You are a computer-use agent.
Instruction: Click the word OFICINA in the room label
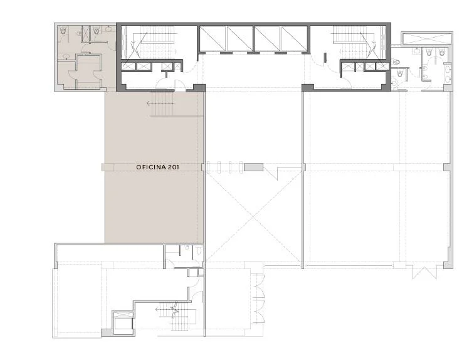(x=150, y=167)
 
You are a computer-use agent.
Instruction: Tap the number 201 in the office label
(x=172, y=167)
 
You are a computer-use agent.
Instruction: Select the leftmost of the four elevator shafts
(x=213, y=39)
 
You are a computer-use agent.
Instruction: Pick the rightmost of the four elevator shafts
(x=295, y=39)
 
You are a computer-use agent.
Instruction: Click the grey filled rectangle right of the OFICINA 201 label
(x=254, y=167)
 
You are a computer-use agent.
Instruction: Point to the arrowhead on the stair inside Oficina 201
(x=149, y=103)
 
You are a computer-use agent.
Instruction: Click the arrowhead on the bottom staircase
(x=157, y=310)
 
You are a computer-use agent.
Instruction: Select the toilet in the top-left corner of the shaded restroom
(x=63, y=30)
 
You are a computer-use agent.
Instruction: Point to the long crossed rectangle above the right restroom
(x=426, y=38)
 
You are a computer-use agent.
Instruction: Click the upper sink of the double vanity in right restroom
(x=448, y=70)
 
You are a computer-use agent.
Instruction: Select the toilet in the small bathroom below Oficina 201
(x=199, y=251)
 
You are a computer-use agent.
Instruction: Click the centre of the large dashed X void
(x=253, y=217)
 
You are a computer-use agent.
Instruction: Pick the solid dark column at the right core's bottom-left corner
(x=308, y=87)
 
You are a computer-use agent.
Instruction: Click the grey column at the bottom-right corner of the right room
(x=448, y=265)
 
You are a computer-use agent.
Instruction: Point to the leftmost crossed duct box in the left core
(x=127, y=66)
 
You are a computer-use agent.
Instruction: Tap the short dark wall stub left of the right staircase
(x=325, y=58)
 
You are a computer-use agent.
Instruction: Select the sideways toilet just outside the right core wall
(x=397, y=63)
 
